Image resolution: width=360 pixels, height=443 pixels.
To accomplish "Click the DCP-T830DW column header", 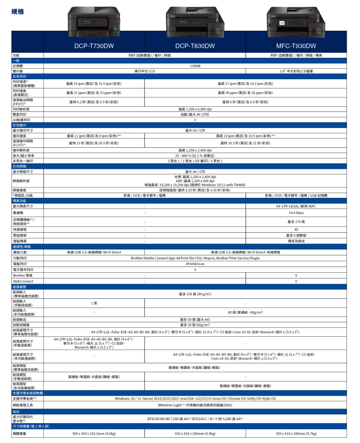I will [x=195, y=46].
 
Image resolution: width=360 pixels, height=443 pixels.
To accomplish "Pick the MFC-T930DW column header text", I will [x=296, y=46].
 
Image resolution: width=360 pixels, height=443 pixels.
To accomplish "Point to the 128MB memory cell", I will [x=195, y=66].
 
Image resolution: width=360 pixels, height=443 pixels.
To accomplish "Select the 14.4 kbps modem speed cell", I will [x=296, y=213].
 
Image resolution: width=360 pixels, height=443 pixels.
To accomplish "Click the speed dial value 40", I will [x=296, y=229].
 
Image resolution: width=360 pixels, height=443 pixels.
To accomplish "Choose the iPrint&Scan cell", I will [x=195, y=264].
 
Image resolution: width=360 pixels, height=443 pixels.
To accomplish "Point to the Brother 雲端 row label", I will [x=20, y=275].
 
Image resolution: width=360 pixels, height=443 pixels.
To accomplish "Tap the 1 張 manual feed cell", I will [x=94, y=302].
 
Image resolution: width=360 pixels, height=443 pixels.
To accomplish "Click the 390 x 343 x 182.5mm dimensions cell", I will [x=94, y=433].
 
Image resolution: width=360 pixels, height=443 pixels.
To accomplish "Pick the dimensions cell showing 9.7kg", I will [x=296, y=433].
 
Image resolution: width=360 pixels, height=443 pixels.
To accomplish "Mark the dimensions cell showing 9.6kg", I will [x=195, y=433].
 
